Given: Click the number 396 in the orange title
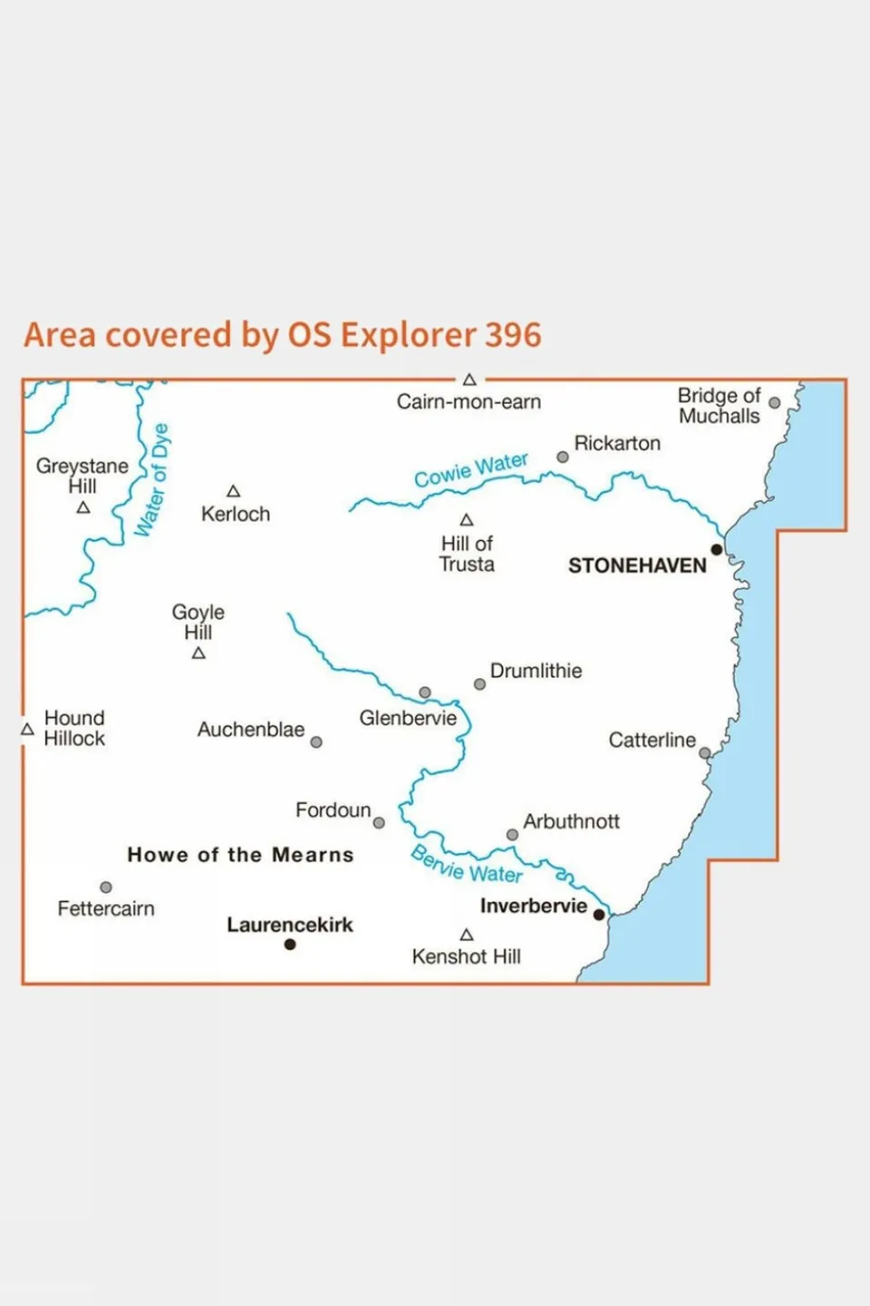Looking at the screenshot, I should [513, 335].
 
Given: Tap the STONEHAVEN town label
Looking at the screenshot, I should [637, 565].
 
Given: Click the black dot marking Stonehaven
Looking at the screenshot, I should [717, 550].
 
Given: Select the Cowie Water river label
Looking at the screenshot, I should [471, 469].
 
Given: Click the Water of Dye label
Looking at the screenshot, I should [152, 480].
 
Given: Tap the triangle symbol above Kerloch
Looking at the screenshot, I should [233, 491].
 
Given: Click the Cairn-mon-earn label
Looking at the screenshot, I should [468, 402].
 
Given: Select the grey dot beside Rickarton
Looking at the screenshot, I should [562, 457].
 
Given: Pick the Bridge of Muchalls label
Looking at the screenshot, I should [718, 406].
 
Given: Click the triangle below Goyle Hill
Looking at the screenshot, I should [199, 653].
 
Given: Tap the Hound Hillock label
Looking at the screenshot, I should [74, 728].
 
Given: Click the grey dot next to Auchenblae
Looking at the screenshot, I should [316, 742].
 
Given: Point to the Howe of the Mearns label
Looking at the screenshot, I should [240, 855].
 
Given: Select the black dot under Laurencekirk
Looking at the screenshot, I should [289, 945].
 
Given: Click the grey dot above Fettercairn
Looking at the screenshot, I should [106, 888].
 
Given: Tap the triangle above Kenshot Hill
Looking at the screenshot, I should [466, 935].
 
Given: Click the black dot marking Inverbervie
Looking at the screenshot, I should [599, 915].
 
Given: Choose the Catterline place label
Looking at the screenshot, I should [651, 741].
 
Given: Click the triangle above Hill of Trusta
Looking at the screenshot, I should [466, 520].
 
